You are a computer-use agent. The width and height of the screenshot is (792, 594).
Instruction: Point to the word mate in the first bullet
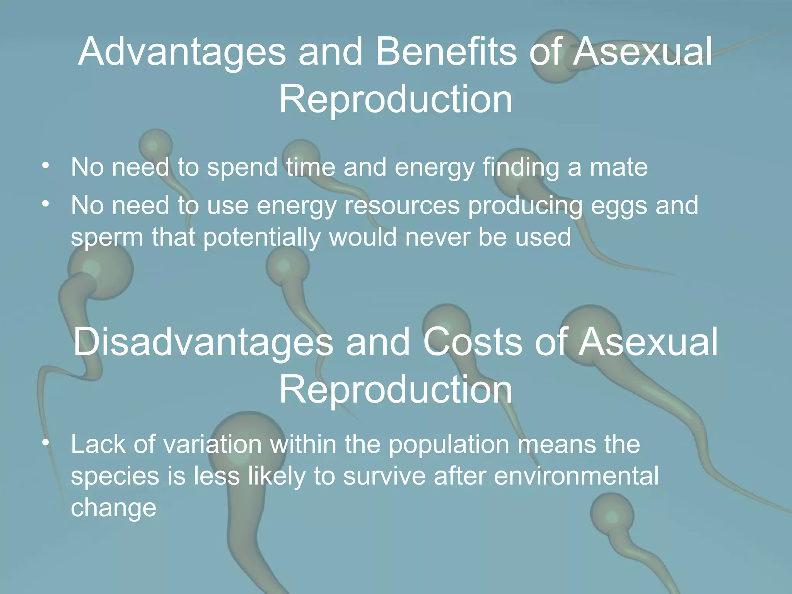[x=618, y=167]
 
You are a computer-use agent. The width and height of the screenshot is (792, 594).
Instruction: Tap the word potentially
[x=262, y=237]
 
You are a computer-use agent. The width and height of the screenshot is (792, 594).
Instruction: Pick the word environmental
[x=576, y=476]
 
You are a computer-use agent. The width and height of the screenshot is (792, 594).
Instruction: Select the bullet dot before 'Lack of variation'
[x=46, y=443]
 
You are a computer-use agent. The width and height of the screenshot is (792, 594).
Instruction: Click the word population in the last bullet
[x=449, y=445]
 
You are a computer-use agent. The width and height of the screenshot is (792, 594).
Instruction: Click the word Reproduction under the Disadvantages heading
[x=396, y=390]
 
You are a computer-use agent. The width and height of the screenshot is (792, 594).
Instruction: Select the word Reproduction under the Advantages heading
[x=396, y=100]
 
